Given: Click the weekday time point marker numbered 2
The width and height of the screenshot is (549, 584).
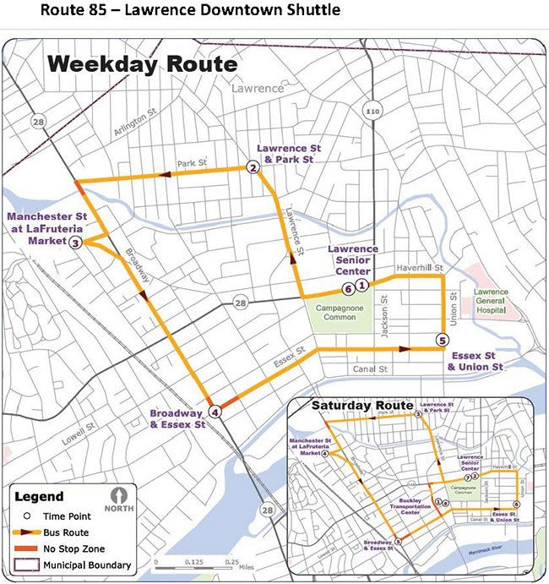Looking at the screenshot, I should click(252, 168).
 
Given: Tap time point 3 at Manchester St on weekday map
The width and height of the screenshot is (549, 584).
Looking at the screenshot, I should click(75, 243).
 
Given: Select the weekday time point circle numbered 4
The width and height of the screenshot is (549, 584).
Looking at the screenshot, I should click(215, 412).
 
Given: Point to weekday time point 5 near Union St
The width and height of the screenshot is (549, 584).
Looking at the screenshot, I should click(442, 341).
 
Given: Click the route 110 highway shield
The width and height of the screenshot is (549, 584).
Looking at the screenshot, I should click(373, 111).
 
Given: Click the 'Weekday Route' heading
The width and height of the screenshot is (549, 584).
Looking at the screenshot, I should click(142, 64).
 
